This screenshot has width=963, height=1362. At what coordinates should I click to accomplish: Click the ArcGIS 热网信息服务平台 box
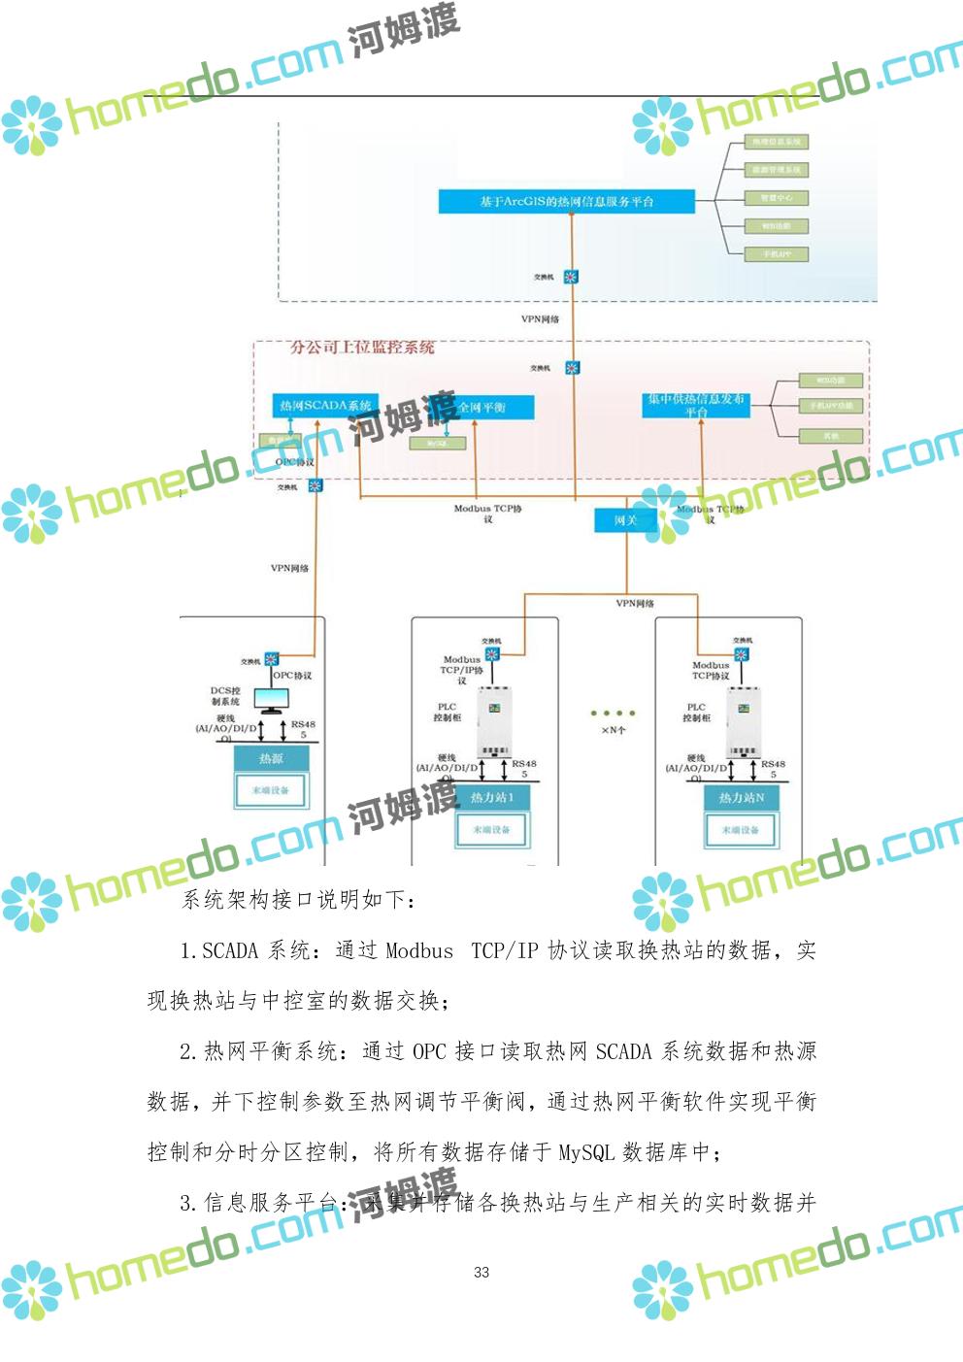[x=566, y=201]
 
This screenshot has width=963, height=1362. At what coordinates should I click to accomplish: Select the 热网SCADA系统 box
[x=325, y=406]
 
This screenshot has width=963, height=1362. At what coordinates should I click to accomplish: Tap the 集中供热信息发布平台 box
[x=696, y=405]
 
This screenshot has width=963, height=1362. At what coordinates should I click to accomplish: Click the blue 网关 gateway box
[x=626, y=520]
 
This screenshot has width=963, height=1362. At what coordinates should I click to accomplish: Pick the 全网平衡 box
[x=482, y=407]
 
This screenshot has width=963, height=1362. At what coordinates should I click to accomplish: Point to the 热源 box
[x=271, y=758]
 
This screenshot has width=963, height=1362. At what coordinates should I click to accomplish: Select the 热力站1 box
[x=491, y=797]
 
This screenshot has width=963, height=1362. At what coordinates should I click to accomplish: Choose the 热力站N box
[x=741, y=797]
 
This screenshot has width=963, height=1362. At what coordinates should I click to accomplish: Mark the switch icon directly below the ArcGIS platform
[x=571, y=277]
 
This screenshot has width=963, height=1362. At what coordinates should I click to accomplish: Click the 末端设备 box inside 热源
[x=271, y=790]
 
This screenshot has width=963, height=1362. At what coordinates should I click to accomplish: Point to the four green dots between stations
[x=613, y=714]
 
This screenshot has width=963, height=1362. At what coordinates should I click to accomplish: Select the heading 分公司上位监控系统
[x=362, y=348]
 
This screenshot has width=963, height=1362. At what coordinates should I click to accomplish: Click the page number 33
[x=481, y=1272]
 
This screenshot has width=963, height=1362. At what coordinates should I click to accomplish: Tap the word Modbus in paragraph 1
[x=419, y=950]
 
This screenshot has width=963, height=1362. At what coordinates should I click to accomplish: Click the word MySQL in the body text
[x=585, y=1152]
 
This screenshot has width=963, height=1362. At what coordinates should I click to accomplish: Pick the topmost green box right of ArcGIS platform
[x=777, y=142]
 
